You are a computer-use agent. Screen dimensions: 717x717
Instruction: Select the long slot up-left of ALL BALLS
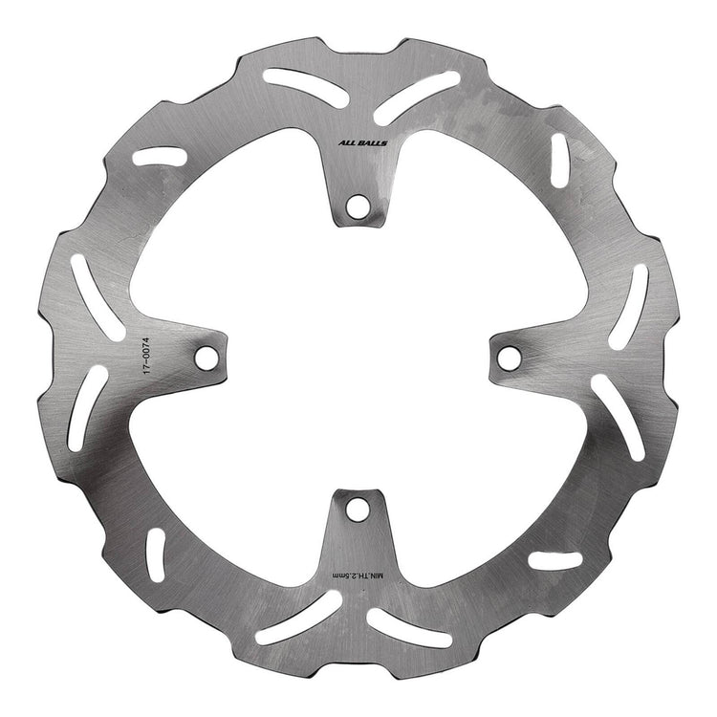click(296, 81)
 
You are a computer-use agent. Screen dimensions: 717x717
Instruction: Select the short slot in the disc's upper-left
click(160, 155)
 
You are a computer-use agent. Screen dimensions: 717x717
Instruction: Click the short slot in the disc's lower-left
click(153, 556)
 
